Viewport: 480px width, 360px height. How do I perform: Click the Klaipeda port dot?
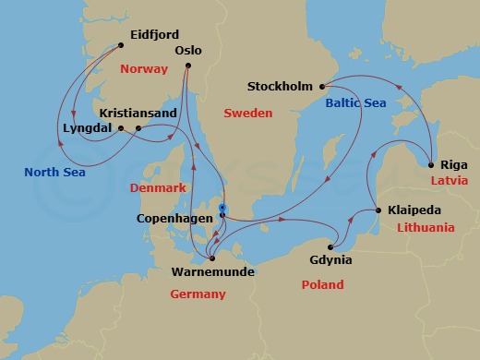[x=377, y=211]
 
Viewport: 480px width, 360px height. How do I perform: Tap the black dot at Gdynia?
[x=331, y=246]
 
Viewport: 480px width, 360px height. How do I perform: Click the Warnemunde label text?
[x=213, y=272]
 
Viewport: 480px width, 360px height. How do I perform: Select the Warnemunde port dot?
[x=211, y=258]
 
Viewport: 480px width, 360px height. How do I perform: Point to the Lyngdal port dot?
[x=120, y=128]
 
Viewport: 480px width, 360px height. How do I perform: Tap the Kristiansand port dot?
[x=138, y=128]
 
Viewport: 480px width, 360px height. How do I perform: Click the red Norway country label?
[x=144, y=69]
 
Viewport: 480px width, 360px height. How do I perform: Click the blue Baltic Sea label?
[x=354, y=105]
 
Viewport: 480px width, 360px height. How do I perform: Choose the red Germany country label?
[x=198, y=294]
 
